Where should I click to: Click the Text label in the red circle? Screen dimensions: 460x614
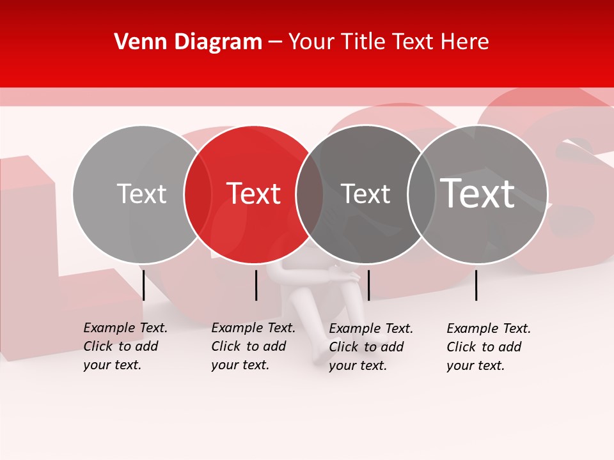(x=253, y=194)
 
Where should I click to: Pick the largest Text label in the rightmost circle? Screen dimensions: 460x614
(x=478, y=193)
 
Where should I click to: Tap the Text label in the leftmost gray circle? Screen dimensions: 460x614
(x=141, y=194)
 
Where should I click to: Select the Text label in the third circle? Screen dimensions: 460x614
(x=365, y=194)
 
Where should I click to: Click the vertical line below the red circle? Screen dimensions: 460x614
(x=256, y=285)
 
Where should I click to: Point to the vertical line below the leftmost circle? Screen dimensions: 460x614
(x=143, y=285)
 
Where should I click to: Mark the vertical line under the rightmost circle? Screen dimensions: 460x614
(x=476, y=285)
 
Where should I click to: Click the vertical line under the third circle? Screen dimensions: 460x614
(x=368, y=285)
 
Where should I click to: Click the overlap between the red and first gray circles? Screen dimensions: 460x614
(x=198, y=194)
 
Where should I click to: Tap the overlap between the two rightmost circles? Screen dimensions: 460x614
(x=421, y=194)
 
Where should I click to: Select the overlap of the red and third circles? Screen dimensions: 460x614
(x=310, y=194)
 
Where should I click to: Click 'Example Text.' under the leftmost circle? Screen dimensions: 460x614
(x=125, y=328)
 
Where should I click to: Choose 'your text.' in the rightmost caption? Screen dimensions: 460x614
(x=475, y=365)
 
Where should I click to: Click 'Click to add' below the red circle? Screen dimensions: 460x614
(x=248, y=346)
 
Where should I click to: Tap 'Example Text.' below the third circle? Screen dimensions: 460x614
(x=371, y=328)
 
